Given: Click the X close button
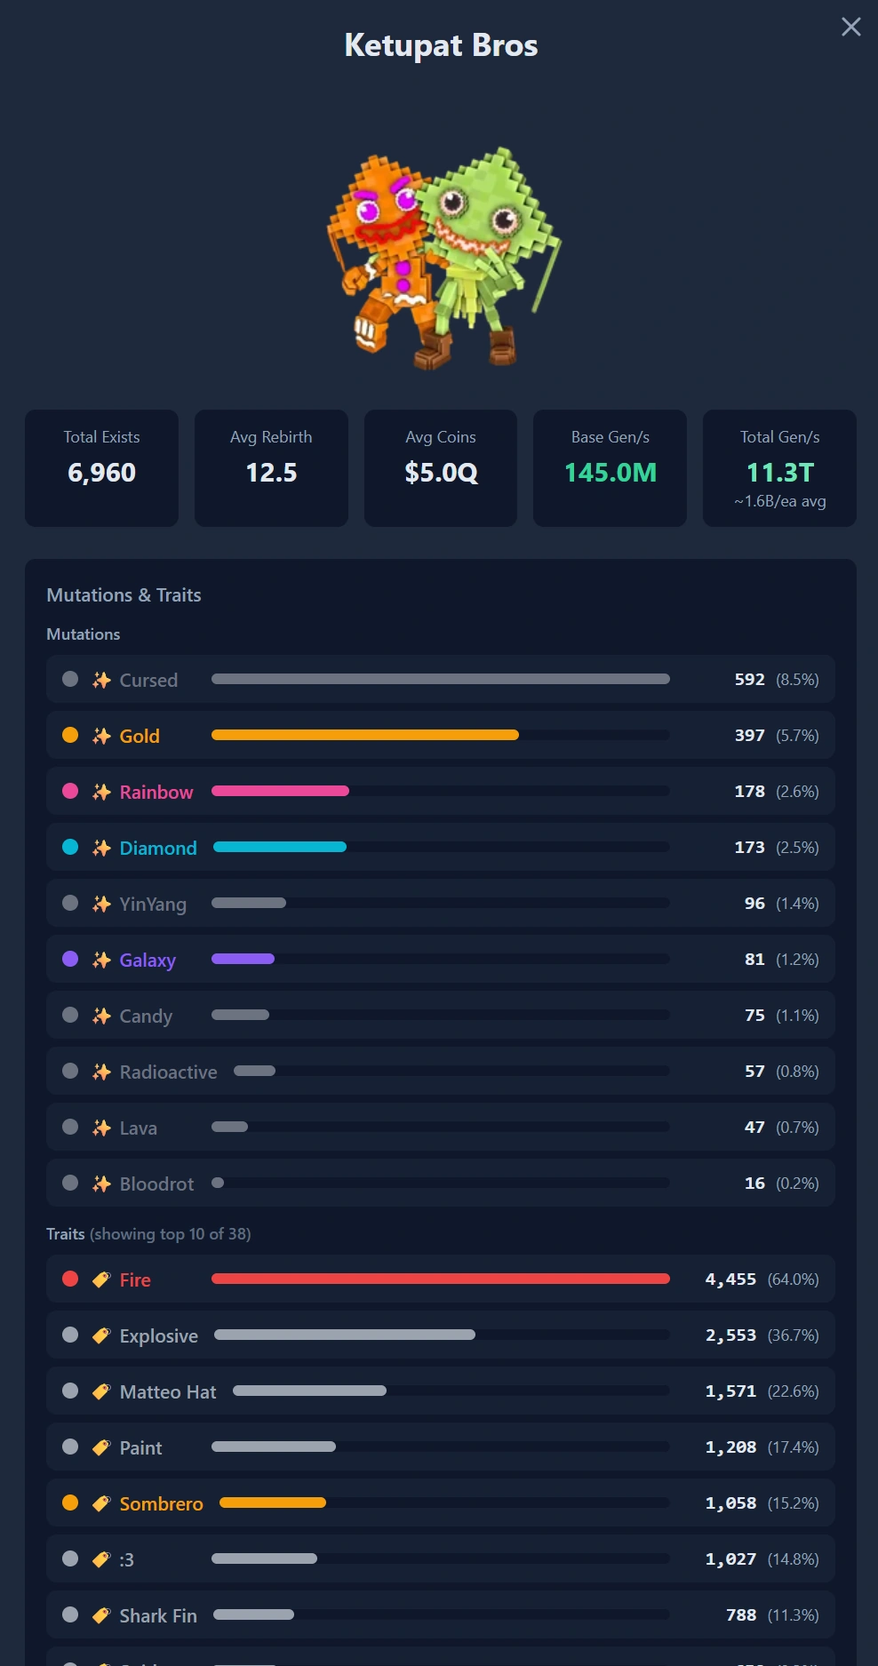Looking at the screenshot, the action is (850, 27).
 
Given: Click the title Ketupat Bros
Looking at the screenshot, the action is (441, 45).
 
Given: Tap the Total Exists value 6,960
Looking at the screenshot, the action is (101, 473).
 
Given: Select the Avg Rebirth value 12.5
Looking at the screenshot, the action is (271, 473).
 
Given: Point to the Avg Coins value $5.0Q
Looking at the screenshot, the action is (441, 473).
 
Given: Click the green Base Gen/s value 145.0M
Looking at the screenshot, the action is (611, 473).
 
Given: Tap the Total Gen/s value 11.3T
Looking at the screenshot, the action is (779, 473).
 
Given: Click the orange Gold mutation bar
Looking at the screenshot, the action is (364, 735).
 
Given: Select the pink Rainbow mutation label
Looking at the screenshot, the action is (156, 792).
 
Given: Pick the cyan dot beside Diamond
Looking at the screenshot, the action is (70, 847).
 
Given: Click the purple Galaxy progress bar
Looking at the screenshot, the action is (243, 959).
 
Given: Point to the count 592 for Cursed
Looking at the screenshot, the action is (749, 679).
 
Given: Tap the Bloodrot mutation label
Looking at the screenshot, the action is (156, 1184).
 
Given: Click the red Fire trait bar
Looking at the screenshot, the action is (440, 1279).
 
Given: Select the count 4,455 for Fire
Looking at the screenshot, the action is (730, 1279).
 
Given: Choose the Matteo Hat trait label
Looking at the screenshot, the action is (168, 1391).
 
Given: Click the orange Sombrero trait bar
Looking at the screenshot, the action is (273, 1503).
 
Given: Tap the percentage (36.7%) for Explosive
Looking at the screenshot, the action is (793, 1335).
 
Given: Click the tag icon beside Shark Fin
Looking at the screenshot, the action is (101, 1614).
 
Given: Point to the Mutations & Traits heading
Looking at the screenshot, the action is (124, 595).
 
